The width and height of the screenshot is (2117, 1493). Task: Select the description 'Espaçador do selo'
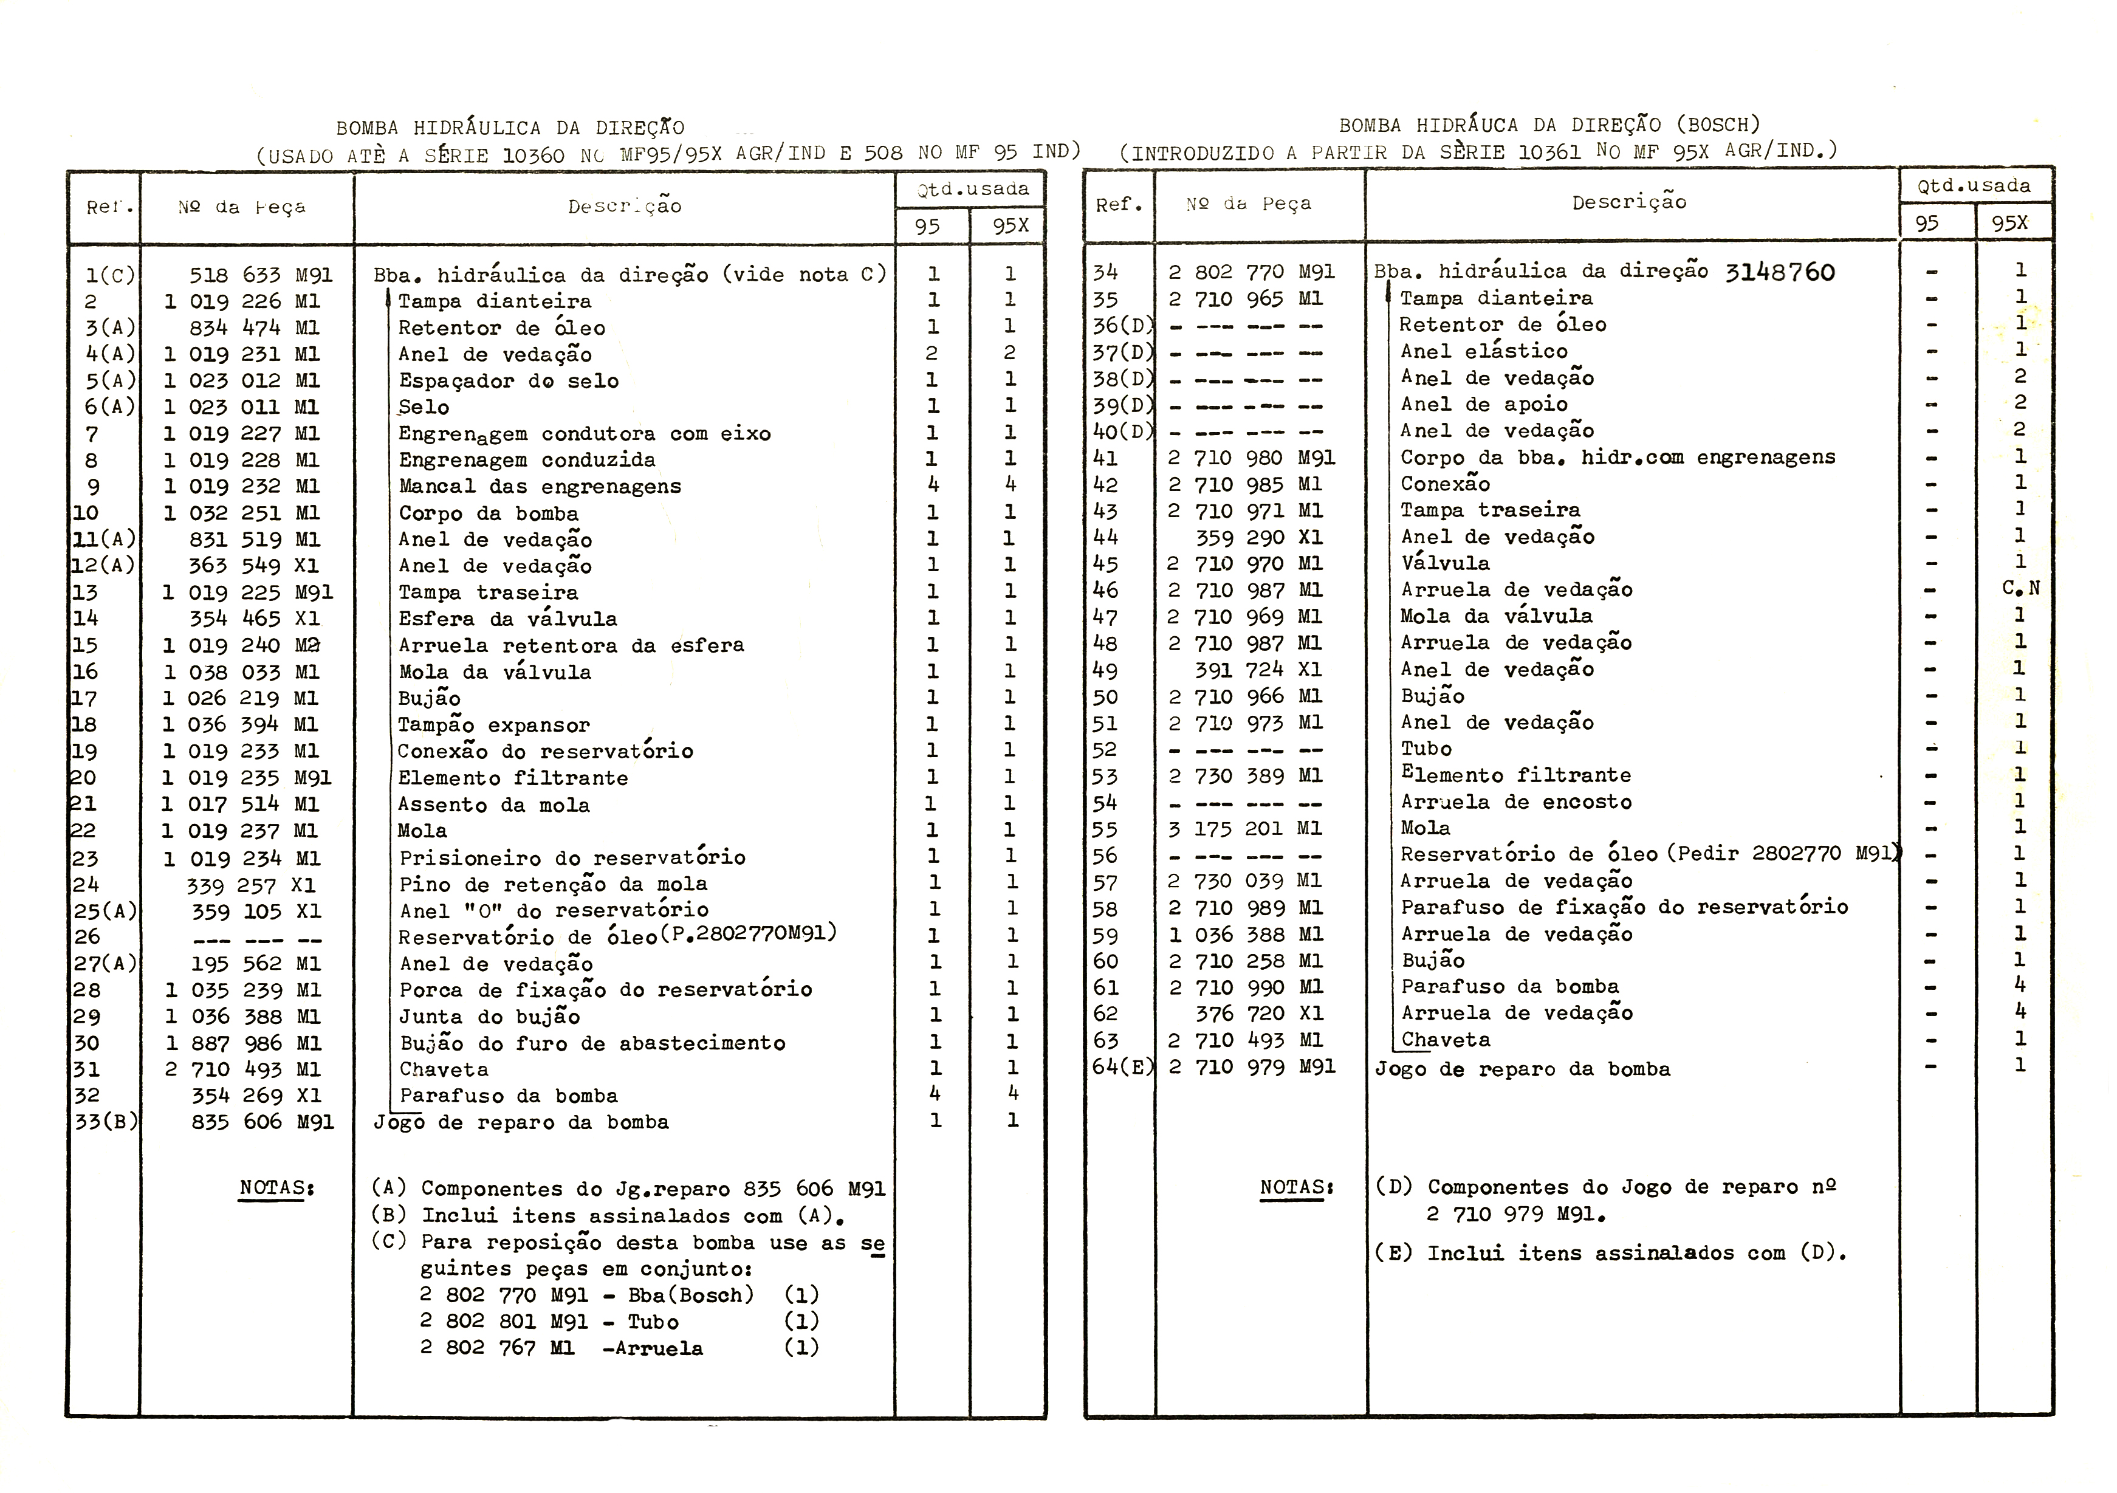pos(508,381)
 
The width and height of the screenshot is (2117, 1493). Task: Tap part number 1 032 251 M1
pos(242,513)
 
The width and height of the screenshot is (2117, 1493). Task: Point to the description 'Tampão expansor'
pos(493,726)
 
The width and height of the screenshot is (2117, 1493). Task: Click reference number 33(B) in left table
pos(105,1122)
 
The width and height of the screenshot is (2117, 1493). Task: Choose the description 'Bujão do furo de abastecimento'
pos(592,1043)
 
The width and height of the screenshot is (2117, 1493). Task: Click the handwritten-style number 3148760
pos(1780,273)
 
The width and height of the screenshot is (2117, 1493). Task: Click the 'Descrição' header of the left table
pos(624,207)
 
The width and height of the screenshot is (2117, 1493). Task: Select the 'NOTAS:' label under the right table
pos(1296,1188)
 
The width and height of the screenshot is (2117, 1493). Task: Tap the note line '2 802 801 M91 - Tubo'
pos(549,1322)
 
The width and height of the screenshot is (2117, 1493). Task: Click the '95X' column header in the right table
pos(2010,223)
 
